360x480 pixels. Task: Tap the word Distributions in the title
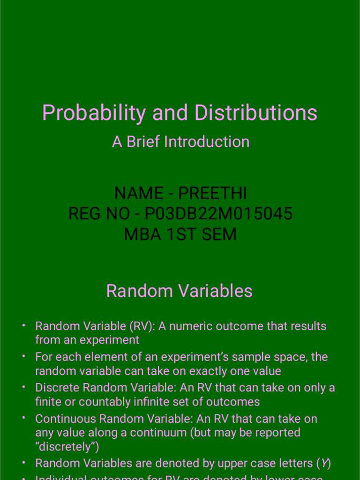click(256, 113)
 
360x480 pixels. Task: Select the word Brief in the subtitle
click(143, 142)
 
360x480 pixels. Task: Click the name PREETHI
click(213, 193)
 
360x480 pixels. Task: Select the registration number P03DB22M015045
click(218, 214)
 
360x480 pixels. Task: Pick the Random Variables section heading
click(180, 291)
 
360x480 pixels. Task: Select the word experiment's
click(161, 357)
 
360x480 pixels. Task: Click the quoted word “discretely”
click(67, 447)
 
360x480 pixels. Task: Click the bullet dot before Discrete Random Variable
click(23, 387)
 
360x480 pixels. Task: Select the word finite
click(48, 402)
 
